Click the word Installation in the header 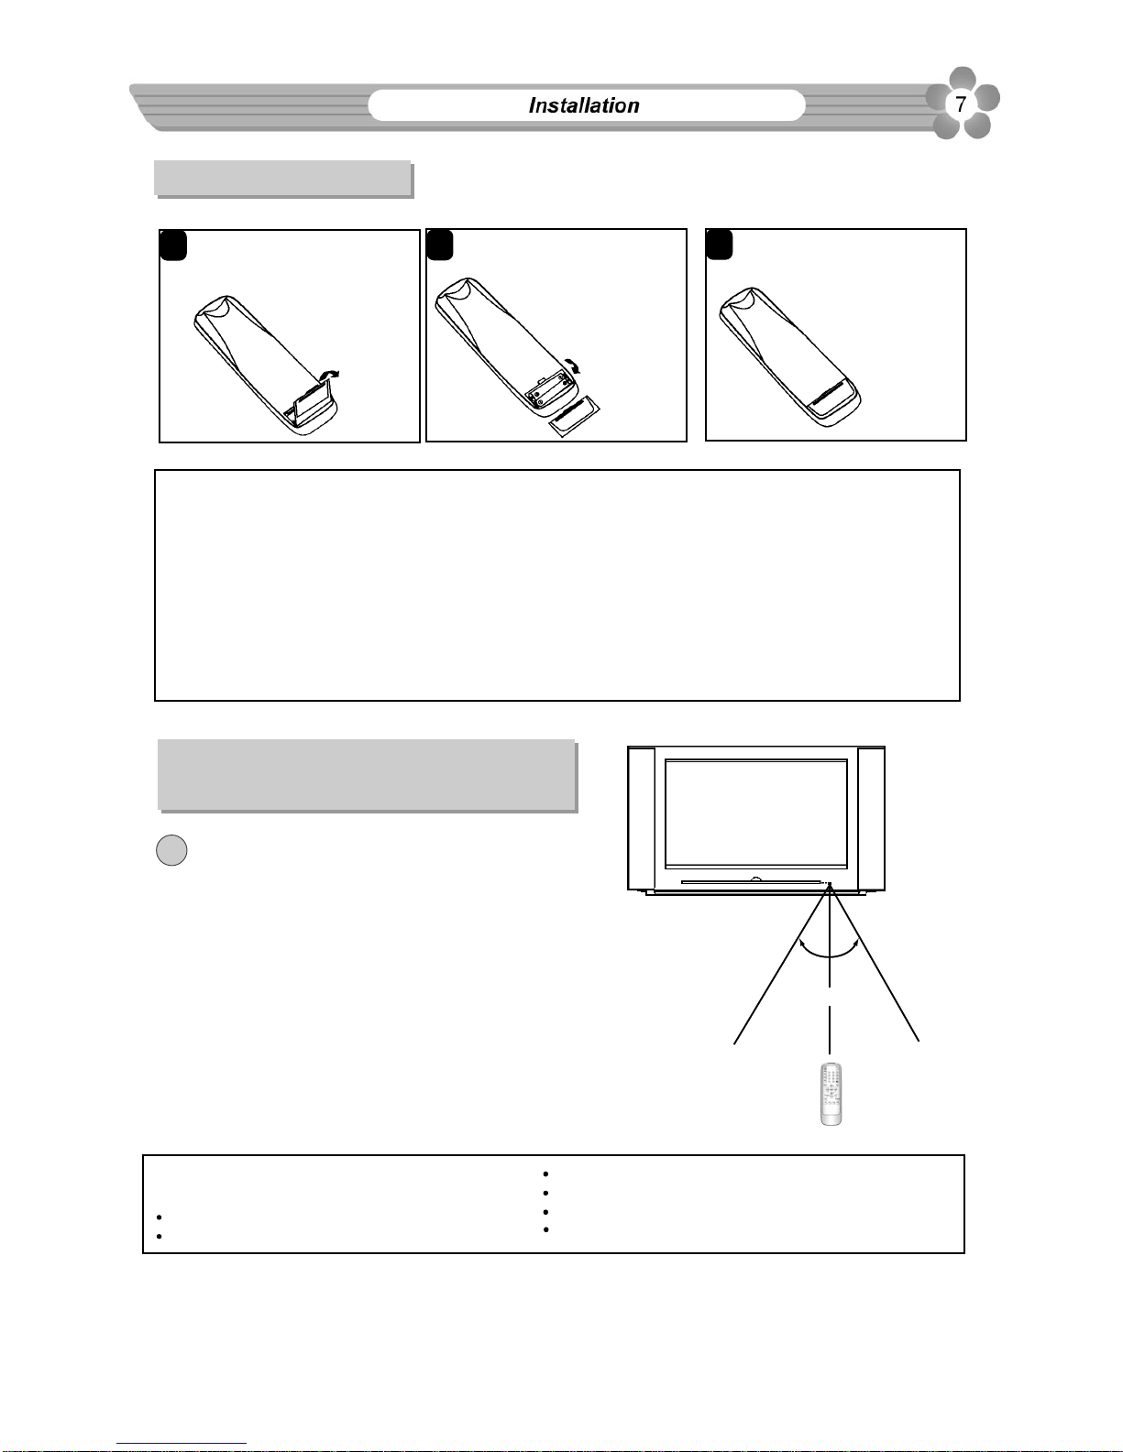tap(584, 105)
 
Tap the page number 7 tap(961, 104)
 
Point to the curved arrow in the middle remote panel tap(572, 365)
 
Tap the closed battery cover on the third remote tap(831, 394)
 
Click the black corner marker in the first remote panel tap(173, 246)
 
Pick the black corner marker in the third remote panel tap(720, 245)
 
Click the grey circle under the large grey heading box tap(171, 850)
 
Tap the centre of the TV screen tap(756, 813)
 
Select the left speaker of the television tap(641, 818)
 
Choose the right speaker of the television tap(871, 819)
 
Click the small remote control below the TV tap(831, 1094)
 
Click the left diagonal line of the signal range tap(781, 964)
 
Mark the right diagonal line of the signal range tap(875, 962)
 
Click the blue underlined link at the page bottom tap(182, 1444)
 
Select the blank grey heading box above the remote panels tap(283, 179)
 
